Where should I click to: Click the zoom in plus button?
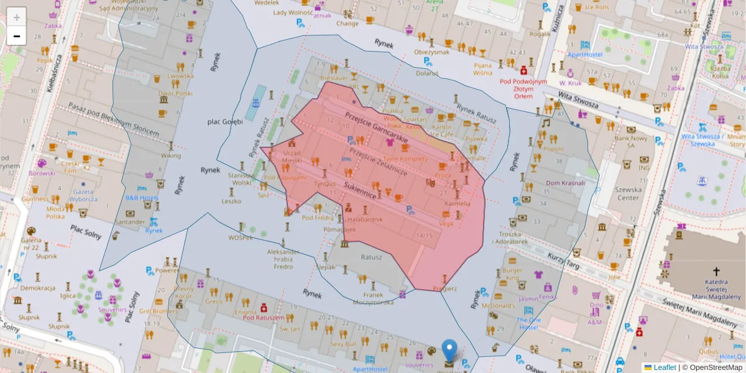point(17,17)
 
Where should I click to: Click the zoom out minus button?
point(17,36)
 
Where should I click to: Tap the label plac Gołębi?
point(224,121)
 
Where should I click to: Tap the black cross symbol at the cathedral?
point(716,271)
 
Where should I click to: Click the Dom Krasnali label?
point(565,183)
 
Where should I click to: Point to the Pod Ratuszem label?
point(263,318)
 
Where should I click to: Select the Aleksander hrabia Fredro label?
point(283,259)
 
